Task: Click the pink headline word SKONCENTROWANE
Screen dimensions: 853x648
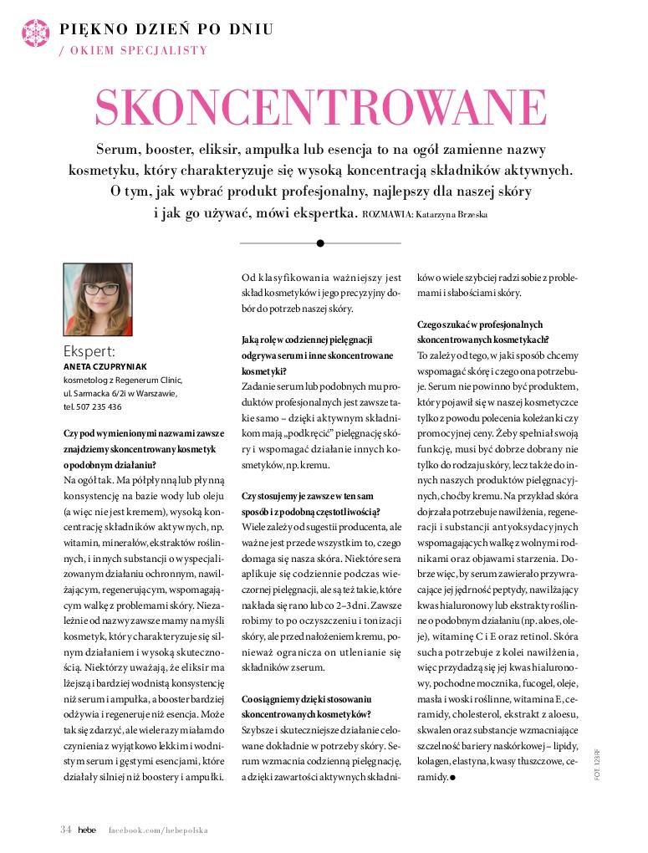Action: click(x=321, y=106)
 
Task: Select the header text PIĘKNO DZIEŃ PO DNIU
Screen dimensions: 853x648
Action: click(x=166, y=30)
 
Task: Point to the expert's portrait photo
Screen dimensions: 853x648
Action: click(x=97, y=299)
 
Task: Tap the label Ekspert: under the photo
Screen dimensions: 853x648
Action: click(x=89, y=350)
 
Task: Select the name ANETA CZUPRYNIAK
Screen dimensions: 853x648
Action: click(x=105, y=366)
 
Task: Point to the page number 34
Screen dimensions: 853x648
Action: click(x=66, y=830)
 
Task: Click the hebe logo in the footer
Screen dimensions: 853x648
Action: click(x=88, y=830)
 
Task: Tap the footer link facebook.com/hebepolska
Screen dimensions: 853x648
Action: click(x=158, y=830)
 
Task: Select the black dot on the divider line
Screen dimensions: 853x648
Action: click(x=320, y=243)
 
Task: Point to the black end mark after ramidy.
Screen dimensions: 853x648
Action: click(x=452, y=778)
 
